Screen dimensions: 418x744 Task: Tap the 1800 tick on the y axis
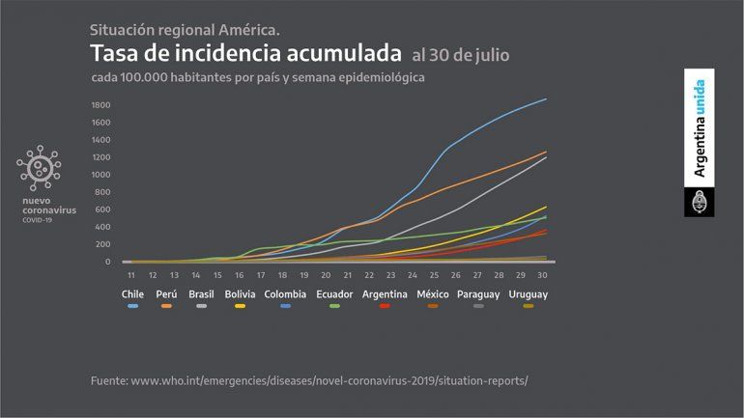coord(100,104)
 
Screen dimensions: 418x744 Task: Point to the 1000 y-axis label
coord(100,175)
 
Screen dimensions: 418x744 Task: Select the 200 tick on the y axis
coord(102,244)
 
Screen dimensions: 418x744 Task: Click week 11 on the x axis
coord(130,275)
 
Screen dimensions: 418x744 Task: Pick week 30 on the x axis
coord(544,275)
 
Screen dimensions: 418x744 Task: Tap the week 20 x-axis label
coord(327,275)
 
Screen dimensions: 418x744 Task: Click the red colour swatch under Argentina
coord(384,305)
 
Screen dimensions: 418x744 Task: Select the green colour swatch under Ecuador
coord(333,305)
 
